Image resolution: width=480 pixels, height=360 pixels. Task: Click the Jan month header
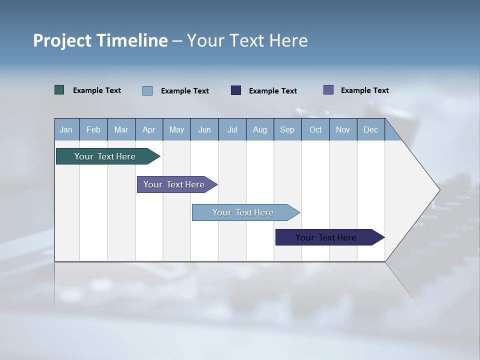coord(66,129)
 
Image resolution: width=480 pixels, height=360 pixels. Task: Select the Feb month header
coord(93,129)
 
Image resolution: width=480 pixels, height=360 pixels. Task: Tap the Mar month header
coord(121,129)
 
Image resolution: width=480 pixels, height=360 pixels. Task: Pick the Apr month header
coord(149,129)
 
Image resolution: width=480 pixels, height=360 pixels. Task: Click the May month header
coord(176,129)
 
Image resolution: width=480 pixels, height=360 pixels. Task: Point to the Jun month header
coord(204,129)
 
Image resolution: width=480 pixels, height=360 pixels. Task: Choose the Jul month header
coord(232,129)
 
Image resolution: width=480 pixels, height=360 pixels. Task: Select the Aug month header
coord(260,129)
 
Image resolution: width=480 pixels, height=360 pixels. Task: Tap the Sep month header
coord(287,129)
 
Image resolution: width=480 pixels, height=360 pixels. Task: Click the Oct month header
coord(315,129)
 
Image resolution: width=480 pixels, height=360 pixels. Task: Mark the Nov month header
coord(343,129)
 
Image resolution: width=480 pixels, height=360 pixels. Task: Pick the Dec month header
coord(371,129)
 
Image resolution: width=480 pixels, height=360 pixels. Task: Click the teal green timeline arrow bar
coord(105,156)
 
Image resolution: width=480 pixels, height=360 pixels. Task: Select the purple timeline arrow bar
coord(174,184)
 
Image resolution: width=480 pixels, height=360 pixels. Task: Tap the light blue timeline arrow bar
coord(243,212)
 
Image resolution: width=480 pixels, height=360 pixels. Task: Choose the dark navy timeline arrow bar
coord(326,237)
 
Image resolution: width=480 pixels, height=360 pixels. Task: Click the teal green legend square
coord(59,90)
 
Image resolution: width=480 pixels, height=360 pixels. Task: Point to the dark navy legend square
coord(236,90)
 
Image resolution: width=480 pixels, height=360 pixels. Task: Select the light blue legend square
coord(147,90)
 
